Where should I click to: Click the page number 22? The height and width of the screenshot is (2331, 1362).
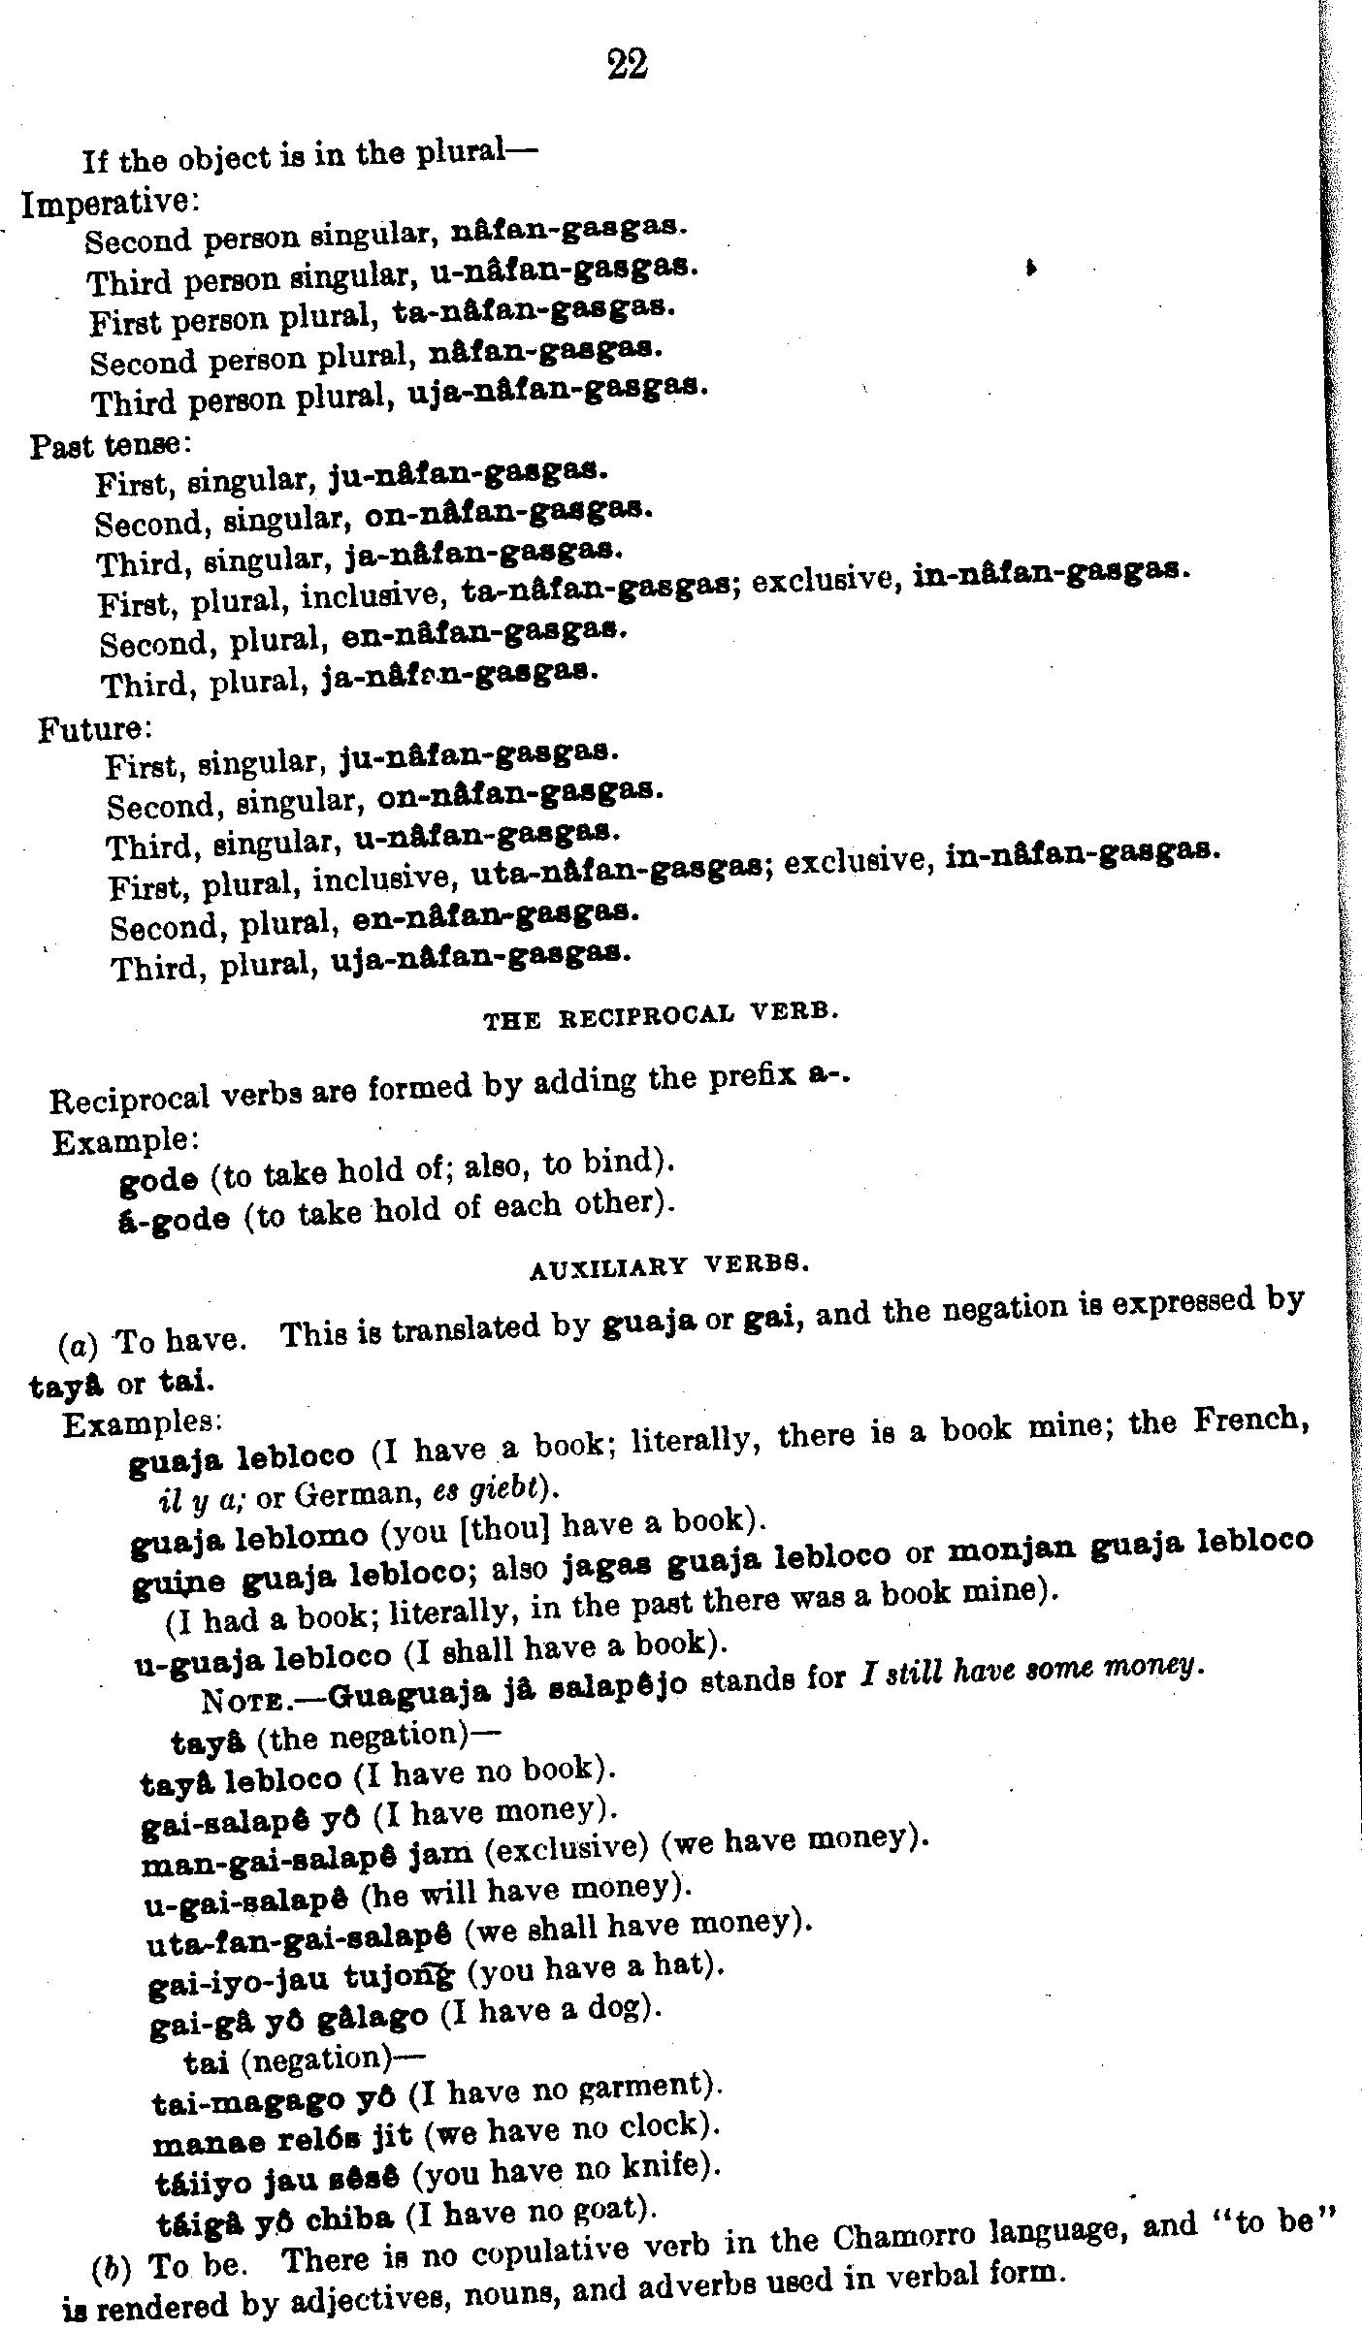tap(627, 65)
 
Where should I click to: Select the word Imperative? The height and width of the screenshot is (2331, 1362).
tap(109, 204)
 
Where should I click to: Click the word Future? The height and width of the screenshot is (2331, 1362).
tap(92, 727)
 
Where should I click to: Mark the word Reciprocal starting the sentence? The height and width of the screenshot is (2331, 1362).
tap(129, 1101)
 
